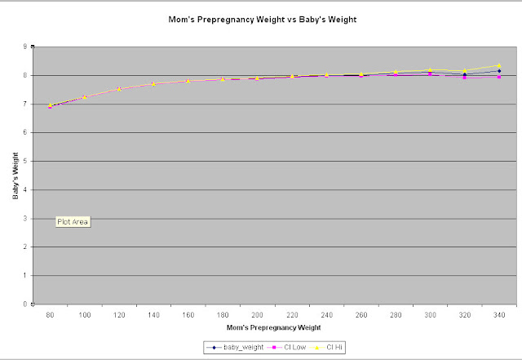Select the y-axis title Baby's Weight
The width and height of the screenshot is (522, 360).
(x=15, y=175)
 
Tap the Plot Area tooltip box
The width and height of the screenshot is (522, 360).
(x=73, y=221)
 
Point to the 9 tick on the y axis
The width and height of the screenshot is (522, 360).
(x=25, y=47)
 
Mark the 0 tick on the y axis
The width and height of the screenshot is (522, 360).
(x=25, y=304)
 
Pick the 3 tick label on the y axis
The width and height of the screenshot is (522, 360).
(x=25, y=218)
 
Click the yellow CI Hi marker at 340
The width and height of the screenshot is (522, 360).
(x=498, y=65)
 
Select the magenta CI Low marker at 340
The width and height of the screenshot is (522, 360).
(x=498, y=77)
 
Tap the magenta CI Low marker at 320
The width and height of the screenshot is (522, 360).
(x=464, y=78)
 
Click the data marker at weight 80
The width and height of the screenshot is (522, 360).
(x=50, y=105)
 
